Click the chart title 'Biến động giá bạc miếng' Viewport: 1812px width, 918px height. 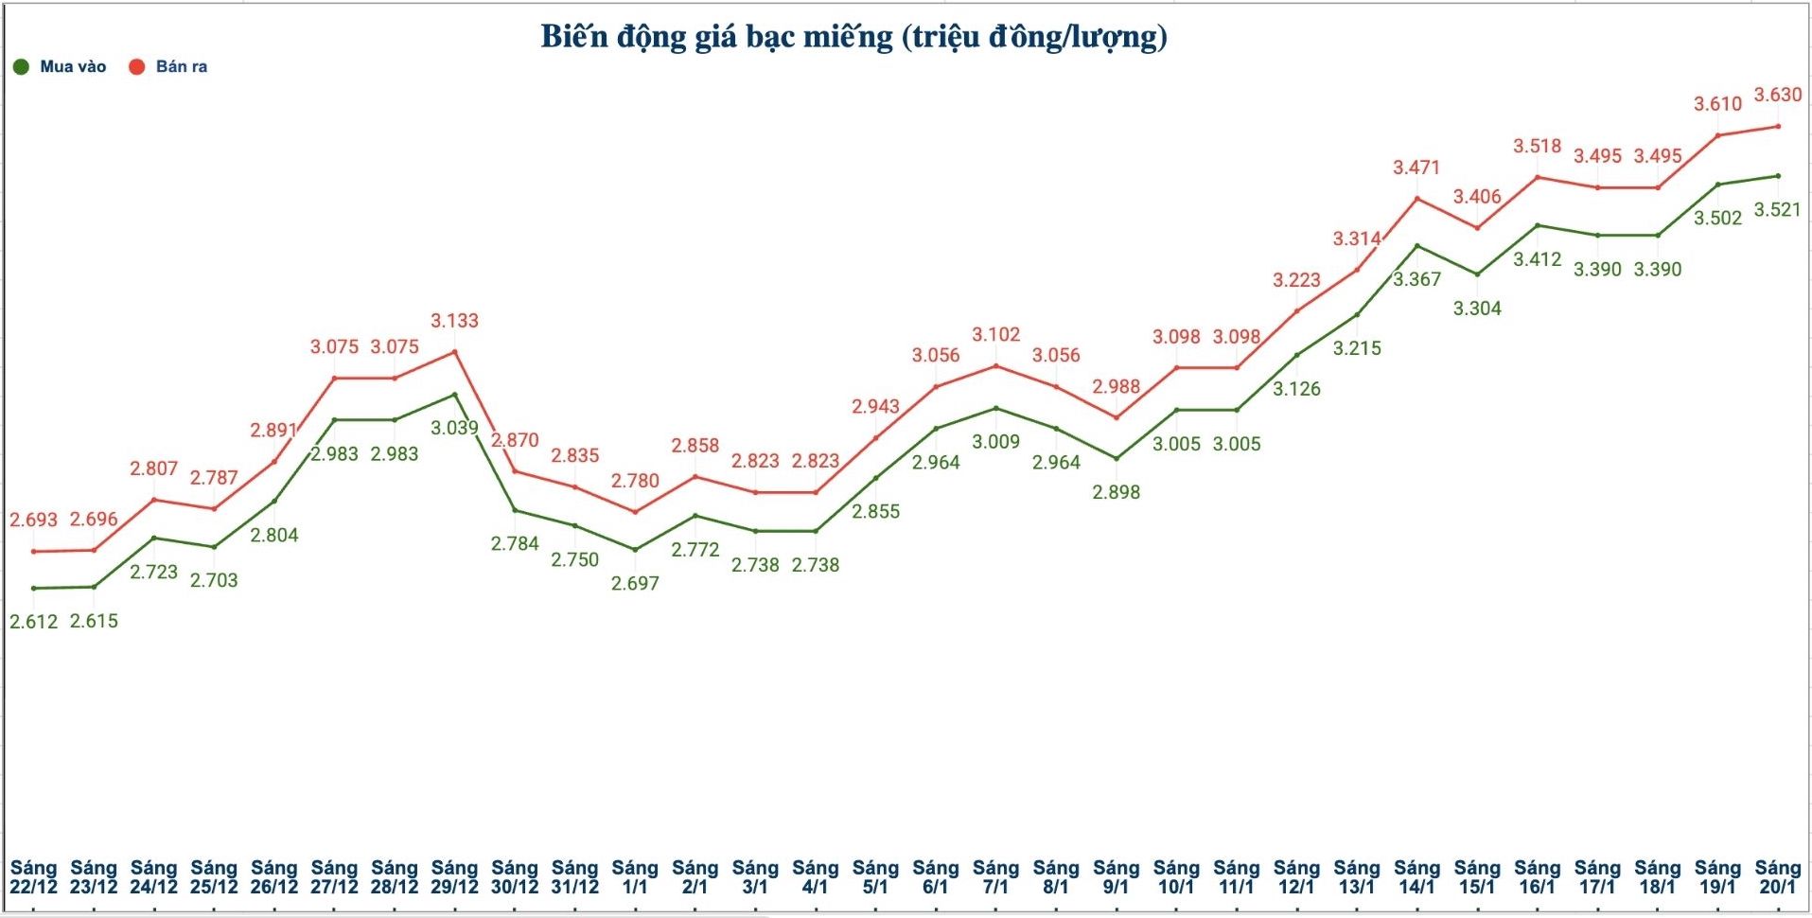click(x=853, y=37)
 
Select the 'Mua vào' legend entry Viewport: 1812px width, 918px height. click(x=61, y=66)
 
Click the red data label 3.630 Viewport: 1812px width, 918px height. click(x=1778, y=95)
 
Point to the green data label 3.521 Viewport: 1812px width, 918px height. click(x=1777, y=209)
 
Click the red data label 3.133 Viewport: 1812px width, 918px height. click(x=454, y=321)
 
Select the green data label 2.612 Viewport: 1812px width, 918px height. click(x=33, y=622)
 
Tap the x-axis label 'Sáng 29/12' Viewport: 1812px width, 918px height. click(x=454, y=877)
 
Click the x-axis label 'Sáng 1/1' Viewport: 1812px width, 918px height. click(x=635, y=877)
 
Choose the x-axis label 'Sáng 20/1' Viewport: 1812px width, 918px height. click(x=1777, y=877)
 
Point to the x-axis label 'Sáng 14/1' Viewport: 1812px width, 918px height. click(x=1416, y=877)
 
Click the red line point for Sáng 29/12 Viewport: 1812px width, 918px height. click(x=455, y=352)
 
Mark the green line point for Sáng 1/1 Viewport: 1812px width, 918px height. click(x=635, y=550)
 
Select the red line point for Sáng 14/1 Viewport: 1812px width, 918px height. click(x=1416, y=199)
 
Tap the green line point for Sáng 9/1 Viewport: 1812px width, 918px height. click(x=1117, y=459)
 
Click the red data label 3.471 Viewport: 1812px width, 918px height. click(x=1416, y=168)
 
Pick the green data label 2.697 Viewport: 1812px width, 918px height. click(x=635, y=584)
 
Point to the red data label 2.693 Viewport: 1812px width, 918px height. click(x=33, y=520)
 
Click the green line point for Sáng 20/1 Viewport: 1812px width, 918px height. click(x=1778, y=176)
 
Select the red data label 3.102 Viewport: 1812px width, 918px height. click(x=995, y=335)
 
